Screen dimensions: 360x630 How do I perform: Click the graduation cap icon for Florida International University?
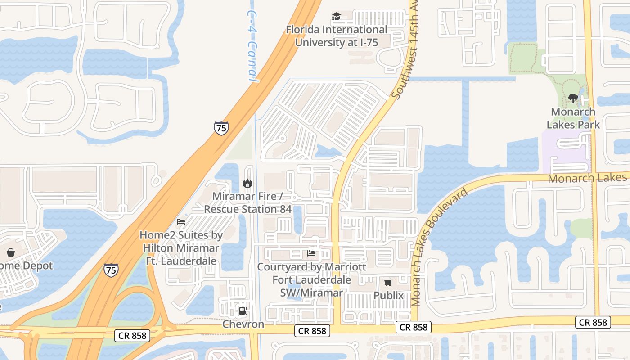[336, 17]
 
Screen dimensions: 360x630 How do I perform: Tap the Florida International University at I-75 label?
[337, 36]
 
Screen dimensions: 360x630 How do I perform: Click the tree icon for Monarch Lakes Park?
[573, 98]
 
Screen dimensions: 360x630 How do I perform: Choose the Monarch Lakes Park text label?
[573, 118]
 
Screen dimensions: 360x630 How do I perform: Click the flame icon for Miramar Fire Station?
[247, 183]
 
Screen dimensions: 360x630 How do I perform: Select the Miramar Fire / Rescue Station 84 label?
[247, 203]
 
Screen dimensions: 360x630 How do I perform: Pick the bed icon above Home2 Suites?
[181, 222]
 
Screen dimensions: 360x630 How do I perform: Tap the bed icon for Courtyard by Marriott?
[311, 253]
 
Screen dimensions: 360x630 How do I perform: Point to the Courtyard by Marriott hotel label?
[311, 279]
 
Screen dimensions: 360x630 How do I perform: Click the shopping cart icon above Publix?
[388, 282]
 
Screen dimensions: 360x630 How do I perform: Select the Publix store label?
[388, 296]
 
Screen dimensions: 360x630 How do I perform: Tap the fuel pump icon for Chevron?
[243, 310]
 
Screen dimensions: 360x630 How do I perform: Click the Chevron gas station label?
[243, 324]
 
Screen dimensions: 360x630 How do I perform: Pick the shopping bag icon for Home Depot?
[11, 252]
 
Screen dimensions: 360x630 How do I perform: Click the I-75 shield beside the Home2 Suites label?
[111, 270]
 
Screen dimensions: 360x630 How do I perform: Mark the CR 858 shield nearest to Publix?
[414, 327]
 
